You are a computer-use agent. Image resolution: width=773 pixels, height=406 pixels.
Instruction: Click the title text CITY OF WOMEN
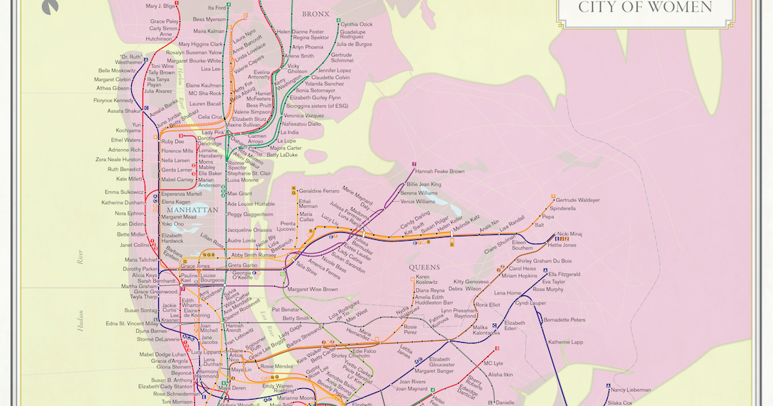click(x=645, y=8)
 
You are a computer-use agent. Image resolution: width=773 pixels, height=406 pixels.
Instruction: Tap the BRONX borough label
click(x=316, y=13)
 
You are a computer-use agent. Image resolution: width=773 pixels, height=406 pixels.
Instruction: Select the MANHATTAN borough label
click(x=192, y=210)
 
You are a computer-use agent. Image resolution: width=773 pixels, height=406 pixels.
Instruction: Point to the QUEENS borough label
click(x=425, y=268)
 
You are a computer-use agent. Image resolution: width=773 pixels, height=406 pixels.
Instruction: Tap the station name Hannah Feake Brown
click(x=440, y=171)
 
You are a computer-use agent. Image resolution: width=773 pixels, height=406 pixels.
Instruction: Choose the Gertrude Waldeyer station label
click(x=577, y=200)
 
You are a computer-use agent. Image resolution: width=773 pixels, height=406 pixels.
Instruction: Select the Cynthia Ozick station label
click(x=356, y=24)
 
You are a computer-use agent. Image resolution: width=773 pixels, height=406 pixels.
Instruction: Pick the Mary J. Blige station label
click(x=162, y=6)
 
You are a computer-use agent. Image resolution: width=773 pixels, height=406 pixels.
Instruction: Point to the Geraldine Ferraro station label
click(x=318, y=191)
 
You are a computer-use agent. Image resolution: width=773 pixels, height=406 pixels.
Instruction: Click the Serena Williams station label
click(x=418, y=193)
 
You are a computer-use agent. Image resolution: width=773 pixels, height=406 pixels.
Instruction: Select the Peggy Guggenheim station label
click(x=250, y=214)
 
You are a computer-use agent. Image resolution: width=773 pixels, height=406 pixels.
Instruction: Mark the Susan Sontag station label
click(x=141, y=310)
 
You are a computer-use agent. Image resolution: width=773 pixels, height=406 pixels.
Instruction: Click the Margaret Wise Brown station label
click(x=313, y=289)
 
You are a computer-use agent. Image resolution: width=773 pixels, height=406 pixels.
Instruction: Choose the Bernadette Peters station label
click(x=565, y=320)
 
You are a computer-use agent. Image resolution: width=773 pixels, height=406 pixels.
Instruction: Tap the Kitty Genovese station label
click(x=471, y=281)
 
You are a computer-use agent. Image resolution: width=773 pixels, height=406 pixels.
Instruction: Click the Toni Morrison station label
click(x=177, y=401)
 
